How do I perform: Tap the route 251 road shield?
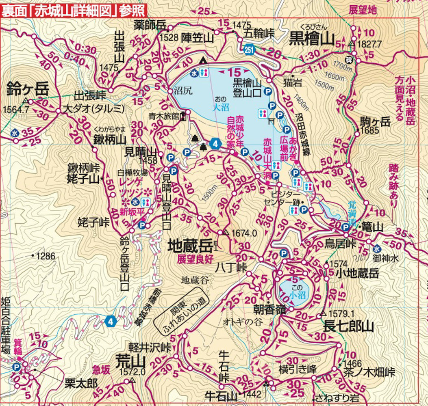click(250, 50)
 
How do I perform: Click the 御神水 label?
click(384, 258)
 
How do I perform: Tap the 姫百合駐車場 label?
click(6, 325)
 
